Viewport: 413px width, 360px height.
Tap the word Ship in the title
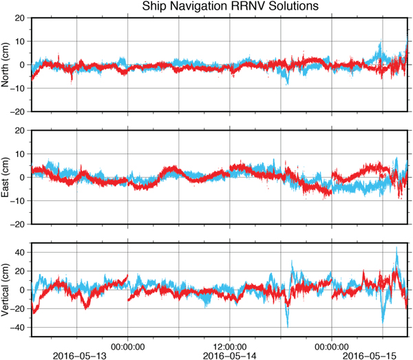155,7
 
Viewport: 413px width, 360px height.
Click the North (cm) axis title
6,64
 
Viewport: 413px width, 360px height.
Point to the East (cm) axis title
6,177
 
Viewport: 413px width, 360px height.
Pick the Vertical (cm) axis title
6,289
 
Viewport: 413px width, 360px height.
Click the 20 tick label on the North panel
21,18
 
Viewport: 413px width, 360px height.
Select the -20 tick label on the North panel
19,112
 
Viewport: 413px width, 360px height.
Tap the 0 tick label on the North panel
23,65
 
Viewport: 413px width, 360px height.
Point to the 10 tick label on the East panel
21,154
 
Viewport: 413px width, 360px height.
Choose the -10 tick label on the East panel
19,201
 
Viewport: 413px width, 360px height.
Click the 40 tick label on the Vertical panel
21,253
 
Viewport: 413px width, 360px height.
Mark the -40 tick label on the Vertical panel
19,327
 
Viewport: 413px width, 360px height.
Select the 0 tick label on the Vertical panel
23,290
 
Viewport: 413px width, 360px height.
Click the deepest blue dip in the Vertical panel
288,326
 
